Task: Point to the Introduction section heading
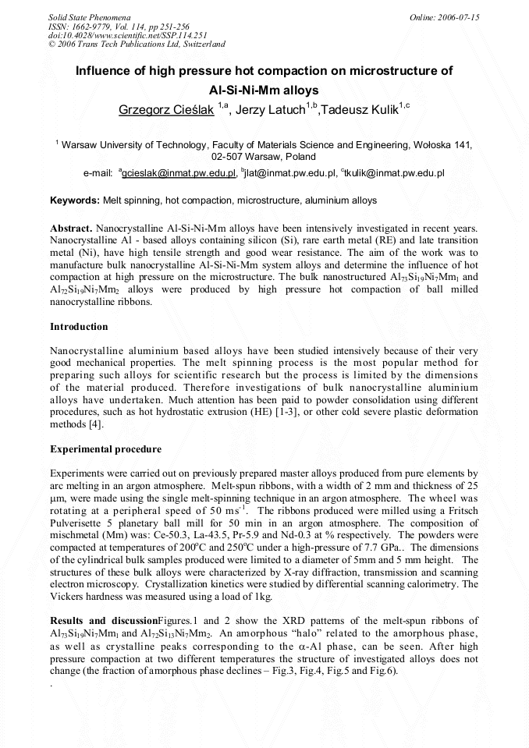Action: (x=79, y=326)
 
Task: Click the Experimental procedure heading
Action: (x=105, y=449)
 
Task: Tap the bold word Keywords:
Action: (x=75, y=200)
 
